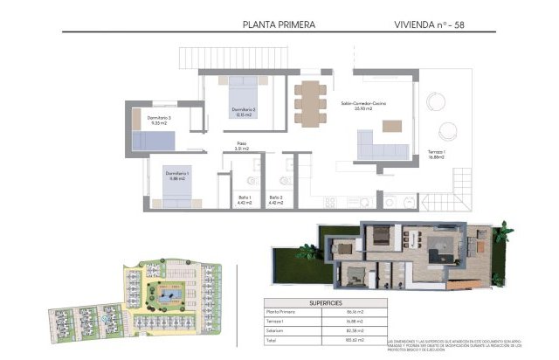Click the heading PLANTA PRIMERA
pos(279,25)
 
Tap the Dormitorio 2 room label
pos(242,111)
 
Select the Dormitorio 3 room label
pos(159,121)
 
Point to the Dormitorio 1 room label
pos(177,177)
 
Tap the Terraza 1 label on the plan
pos(437,156)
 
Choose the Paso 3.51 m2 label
pos(244,147)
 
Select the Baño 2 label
pos(275,200)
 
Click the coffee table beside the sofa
pos(392,126)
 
